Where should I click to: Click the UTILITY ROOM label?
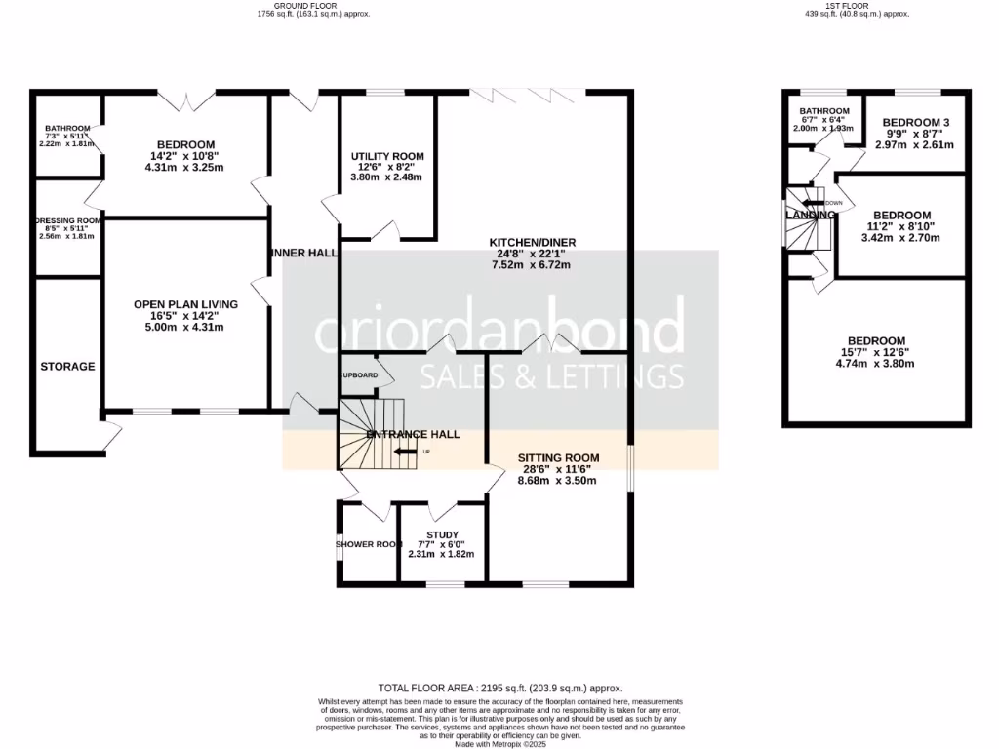[x=387, y=156]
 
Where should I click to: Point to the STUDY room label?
[x=442, y=534]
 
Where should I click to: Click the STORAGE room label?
[x=67, y=367]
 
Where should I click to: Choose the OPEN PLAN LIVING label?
[x=185, y=304]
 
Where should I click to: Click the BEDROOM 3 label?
[x=915, y=122]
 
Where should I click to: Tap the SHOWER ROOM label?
[x=369, y=544]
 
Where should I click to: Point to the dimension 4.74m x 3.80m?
[x=875, y=364]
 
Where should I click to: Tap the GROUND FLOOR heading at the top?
[x=313, y=5]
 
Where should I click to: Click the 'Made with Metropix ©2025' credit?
[x=499, y=744]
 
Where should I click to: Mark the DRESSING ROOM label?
[x=68, y=221]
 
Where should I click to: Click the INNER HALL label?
[x=303, y=253]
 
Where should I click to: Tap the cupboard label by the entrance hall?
[x=359, y=374]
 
